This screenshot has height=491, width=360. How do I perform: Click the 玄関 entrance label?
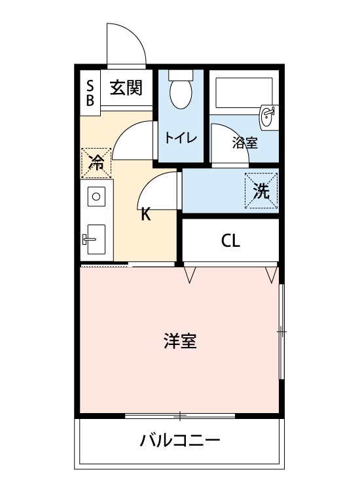coord(126,87)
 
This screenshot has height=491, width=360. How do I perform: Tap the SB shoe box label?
coord(90,93)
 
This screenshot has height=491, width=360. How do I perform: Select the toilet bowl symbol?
coord(181,89)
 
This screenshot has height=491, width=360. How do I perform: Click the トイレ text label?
coord(181,137)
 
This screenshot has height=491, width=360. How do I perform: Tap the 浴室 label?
coord(245,143)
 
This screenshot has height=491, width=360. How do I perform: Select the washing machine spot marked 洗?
coord(261,191)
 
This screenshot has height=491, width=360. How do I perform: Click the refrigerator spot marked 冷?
coord(96,163)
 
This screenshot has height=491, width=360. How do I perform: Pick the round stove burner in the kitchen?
coord(96,196)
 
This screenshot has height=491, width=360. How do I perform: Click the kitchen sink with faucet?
coord(94,239)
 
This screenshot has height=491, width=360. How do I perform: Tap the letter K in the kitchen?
coord(146,215)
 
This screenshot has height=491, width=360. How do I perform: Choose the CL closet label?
coord(230,241)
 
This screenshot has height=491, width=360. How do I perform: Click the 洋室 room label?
coord(181,341)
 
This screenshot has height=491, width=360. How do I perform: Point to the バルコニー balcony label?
coord(180,441)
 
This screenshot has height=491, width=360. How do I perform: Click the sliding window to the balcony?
coord(180,416)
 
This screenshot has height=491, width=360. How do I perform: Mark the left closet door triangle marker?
coord(189,274)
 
